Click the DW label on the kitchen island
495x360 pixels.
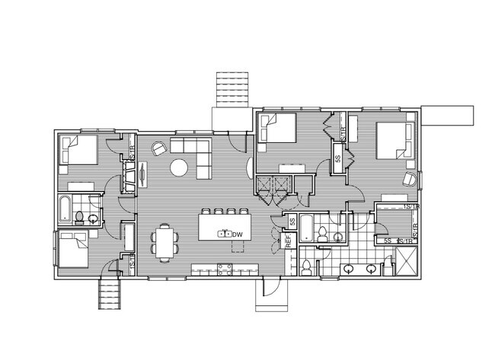[238, 234]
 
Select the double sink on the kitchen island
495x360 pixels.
[225, 234]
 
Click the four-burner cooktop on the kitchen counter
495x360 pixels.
[225, 268]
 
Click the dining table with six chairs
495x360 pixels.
[165, 242]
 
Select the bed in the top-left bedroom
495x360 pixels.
[79, 151]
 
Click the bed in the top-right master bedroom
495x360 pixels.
[396, 139]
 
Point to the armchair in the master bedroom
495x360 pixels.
[409, 179]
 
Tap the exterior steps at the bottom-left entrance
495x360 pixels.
[110, 292]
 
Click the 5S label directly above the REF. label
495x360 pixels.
[292, 221]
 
